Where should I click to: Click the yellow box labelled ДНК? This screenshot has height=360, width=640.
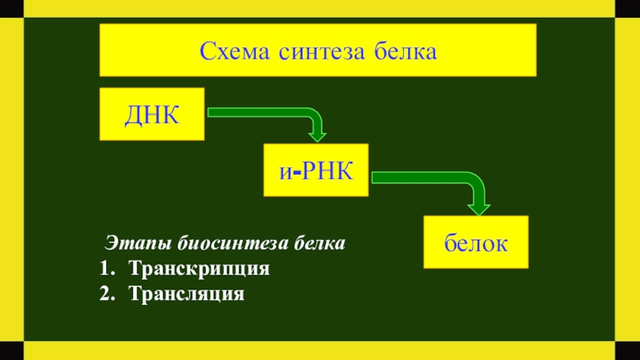click(x=152, y=114)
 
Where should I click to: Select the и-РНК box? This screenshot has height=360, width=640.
click(x=316, y=170)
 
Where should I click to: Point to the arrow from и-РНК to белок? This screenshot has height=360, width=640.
click(x=432, y=178)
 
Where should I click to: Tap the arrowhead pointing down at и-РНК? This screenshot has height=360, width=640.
click(x=318, y=132)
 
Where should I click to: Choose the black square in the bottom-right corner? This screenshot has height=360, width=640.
click(x=629, y=350)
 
